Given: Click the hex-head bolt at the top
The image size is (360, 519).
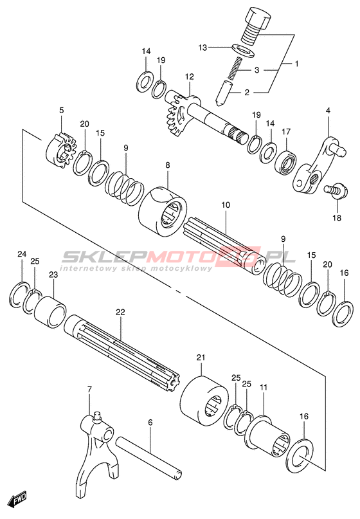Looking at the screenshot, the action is tap(256, 25).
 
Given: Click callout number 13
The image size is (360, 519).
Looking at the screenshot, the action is tap(203, 48).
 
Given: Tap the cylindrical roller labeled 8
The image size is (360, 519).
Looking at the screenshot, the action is tap(163, 212).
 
